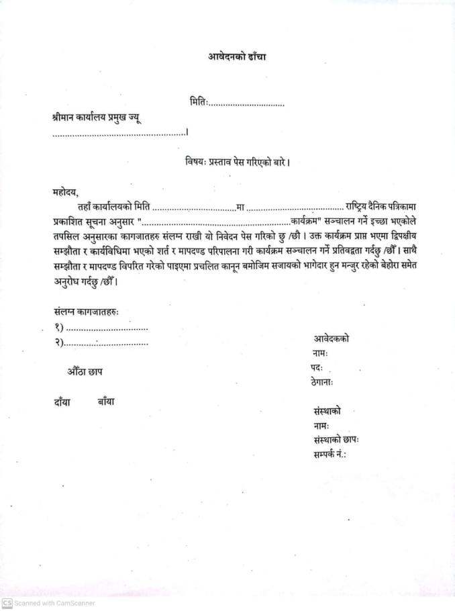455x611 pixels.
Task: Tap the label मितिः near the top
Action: pos(199,102)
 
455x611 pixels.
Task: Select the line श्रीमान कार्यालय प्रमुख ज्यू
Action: pos(97,117)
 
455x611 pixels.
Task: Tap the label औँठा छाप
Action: pos(85,371)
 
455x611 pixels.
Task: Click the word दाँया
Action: pos(62,402)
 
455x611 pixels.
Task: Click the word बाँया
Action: pos(106,402)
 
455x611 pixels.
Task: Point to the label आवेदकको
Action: pos(331,338)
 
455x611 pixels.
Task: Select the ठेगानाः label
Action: pos(323,382)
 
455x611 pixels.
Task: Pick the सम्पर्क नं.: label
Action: pos(330,455)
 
